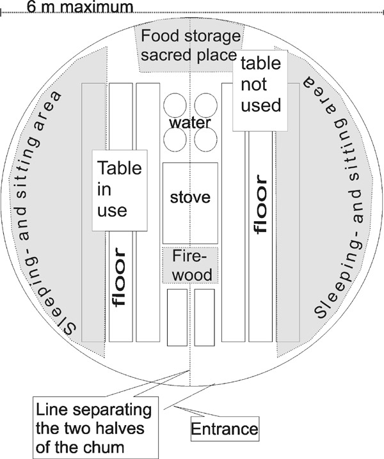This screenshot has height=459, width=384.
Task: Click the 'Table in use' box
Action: coord(120,189)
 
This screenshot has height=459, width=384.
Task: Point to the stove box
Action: coord(190,198)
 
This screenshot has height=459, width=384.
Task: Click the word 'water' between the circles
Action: coord(190,121)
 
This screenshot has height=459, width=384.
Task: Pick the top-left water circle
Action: coord(175,105)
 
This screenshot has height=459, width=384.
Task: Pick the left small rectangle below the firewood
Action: coord(176,318)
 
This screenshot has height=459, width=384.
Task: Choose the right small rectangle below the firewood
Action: coord(204,318)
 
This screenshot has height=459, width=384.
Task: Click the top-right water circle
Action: coord(205,105)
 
